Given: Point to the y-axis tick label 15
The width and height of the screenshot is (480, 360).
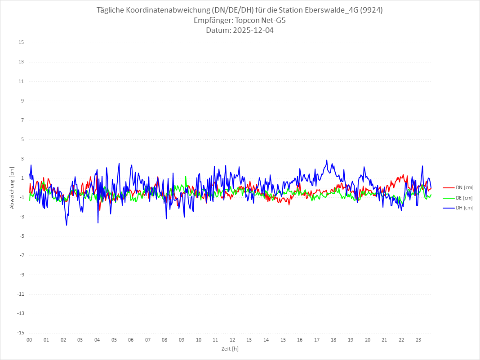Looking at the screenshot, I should pyautogui.click(x=21, y=43).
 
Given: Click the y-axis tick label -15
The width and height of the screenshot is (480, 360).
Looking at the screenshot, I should pyautogui.click(x=20, y=333).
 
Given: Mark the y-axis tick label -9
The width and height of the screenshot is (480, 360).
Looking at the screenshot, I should pyautogui.click(x=21, y=275).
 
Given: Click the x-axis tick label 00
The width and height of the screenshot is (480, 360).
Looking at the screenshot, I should pyautogui.click(x=29, y=340).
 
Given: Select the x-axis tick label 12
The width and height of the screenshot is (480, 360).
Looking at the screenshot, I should pyautogui.click(x=232, y=340).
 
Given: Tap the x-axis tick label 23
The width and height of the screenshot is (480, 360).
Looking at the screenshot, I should pyautogui.click(x=418, y=340).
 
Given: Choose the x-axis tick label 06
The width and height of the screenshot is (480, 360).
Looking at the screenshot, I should pyautogui.click(x=131, y=340).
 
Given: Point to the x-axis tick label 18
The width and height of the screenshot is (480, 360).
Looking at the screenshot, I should pyautogui.click(x=334, y=340).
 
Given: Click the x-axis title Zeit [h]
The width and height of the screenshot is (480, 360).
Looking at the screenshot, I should pyautogui.click(x=230, y=348).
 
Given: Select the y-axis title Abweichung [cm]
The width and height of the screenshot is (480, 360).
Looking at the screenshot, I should pyautogui.click(x=12, y=187).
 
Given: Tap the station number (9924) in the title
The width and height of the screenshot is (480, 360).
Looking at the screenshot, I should pyautogui.click(x=371, y=10).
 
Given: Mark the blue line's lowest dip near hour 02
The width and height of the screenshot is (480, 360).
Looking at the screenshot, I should pyautogui.click(x=67, y=225).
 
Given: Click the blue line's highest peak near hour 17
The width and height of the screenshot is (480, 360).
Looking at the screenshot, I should pyautogui.click(x=327, y=160).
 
